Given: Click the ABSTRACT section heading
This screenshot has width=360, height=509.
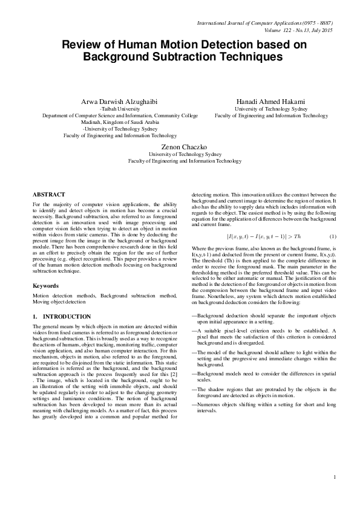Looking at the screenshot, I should tap(48, 195).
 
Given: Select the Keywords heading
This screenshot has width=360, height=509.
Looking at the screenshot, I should tap(46, 284).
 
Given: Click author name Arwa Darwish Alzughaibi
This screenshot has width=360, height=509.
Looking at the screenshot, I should tap(120, 100).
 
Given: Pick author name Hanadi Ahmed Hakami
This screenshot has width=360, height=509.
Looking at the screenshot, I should tap(271, 100).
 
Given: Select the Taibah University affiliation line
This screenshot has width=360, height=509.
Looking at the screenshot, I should tap(120, 108).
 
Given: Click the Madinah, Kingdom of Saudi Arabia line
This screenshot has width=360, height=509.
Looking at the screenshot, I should tap(120, 122).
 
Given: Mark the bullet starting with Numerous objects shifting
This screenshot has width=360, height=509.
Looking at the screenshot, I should tap(264, 407).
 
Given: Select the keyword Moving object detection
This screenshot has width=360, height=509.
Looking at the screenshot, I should tap(59, 300).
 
